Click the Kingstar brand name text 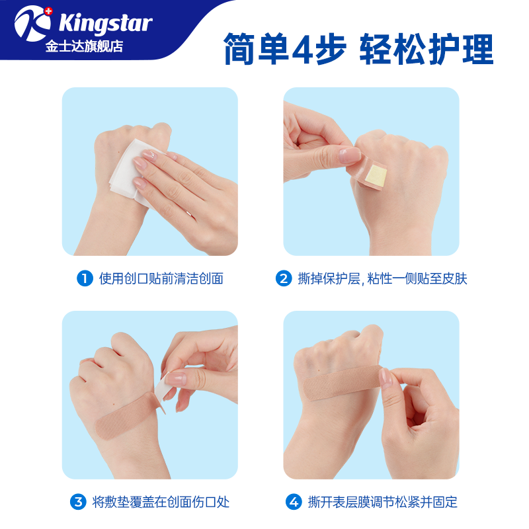point(105,23)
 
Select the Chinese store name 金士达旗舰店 point(84,46)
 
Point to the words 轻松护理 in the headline point(426,49)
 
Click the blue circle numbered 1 point(85,278)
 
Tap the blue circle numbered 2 point(283,278)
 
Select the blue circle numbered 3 point(79,502)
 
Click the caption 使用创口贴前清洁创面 point(161,278)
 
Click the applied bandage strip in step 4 point(344,390)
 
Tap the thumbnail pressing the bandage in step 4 point(385,378)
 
